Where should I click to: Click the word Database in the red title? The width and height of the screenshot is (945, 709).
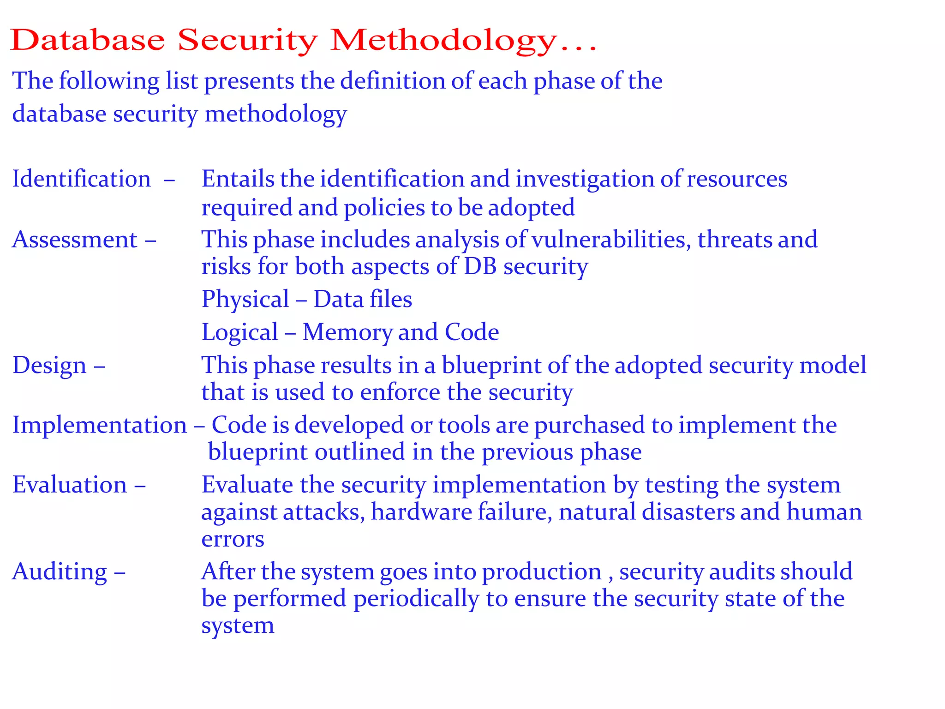88,40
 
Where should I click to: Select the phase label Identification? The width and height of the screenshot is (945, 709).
82,179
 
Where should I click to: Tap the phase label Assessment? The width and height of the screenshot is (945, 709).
75,240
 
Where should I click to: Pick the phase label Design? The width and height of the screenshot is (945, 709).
49,366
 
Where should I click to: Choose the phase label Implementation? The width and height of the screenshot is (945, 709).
100,425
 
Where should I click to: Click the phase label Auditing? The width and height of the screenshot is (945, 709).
60,572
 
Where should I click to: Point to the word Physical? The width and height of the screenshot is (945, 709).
245,300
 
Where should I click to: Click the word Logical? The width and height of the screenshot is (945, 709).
240,333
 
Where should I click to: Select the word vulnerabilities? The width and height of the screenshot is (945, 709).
611,240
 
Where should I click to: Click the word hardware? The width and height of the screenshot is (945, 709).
421,512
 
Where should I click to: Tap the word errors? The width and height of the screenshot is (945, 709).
233,540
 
